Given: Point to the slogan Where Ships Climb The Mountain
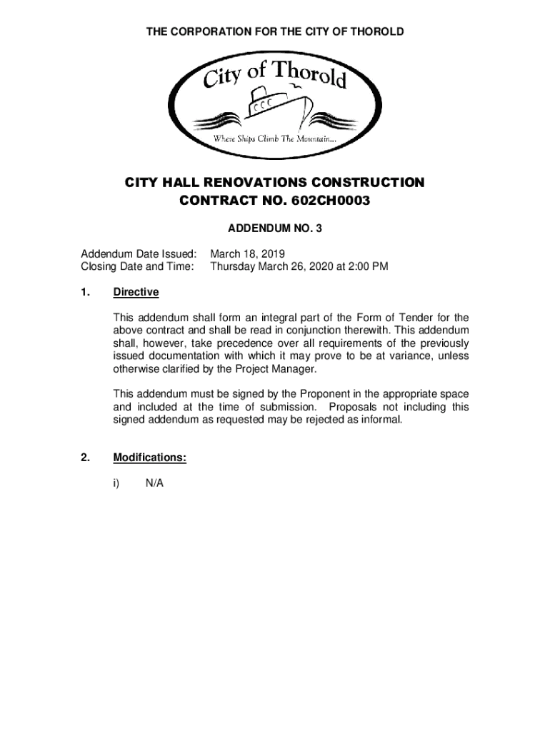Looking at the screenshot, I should (x=275, y=138).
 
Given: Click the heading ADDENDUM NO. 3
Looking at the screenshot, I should (x=275, y=229).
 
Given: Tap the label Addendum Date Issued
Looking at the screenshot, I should (x=138, y=253).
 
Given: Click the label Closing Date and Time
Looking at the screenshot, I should (x=137, y=266).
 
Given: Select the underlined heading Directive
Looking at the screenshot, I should (x=136, y=293).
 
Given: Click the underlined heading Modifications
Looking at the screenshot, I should (x=149, y=458).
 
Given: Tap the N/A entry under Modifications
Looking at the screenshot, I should (x=155, y=483).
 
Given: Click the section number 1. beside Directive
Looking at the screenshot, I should (x=86, y=293).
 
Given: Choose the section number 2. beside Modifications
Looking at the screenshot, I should (x=86, y=458).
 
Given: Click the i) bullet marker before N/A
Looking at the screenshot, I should (x=116, y=483).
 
